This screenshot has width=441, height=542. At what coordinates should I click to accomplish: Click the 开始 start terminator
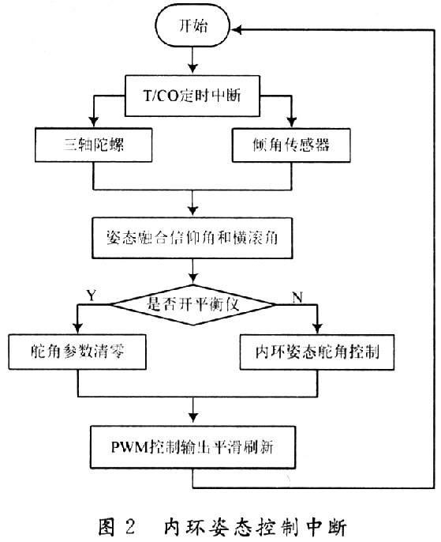(x=192, y=27)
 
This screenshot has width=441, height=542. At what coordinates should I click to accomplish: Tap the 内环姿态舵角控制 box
(x=316, y=352)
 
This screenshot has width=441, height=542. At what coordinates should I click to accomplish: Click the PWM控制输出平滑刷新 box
(x=192, y=447)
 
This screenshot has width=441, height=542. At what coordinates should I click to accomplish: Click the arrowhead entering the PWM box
(x=192, y=425)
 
